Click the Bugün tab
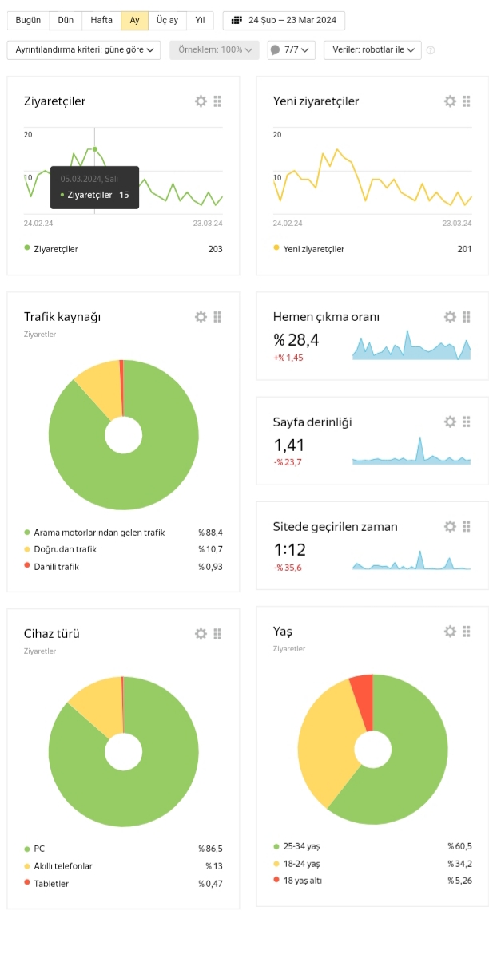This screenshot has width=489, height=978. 28,21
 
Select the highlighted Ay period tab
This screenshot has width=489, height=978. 134,21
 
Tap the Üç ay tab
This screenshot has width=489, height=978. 167,21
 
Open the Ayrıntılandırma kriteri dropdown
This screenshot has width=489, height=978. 84,49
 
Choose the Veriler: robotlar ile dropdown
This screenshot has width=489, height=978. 373,49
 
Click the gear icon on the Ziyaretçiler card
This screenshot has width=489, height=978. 201,101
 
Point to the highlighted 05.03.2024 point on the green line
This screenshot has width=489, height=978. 95,149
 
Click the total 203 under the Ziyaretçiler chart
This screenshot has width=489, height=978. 216,249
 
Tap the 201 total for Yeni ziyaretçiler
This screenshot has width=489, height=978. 464,249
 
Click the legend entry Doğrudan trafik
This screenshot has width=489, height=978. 65,549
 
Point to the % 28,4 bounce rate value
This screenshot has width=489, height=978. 296,339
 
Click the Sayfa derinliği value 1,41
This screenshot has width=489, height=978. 289,445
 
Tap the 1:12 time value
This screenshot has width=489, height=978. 290,550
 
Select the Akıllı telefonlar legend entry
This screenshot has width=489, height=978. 63,866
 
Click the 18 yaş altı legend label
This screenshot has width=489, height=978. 302,881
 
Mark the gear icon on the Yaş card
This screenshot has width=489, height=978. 450,632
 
